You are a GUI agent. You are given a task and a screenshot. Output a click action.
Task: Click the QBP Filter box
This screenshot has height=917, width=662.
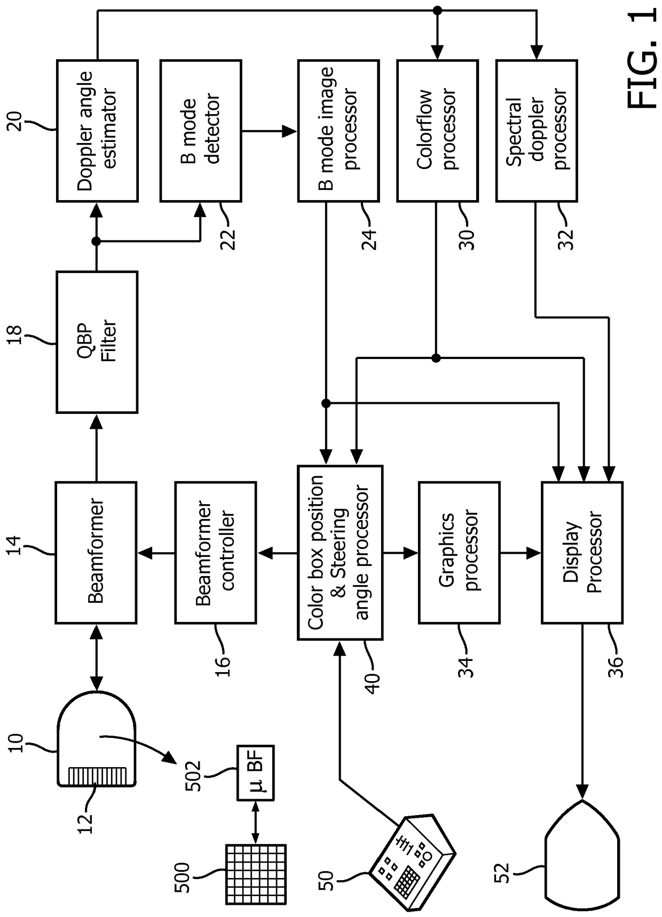pyautogui.click(x=97, y=342)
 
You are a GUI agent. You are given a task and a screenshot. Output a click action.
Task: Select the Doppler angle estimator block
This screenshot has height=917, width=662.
pyautogui.click(x=97, y=131)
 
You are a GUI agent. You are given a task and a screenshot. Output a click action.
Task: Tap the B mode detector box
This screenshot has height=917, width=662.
pyautogui.click(x=201, y=131)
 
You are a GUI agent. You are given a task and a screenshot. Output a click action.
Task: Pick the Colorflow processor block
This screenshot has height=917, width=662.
pyautogui.click(x=437, y=131)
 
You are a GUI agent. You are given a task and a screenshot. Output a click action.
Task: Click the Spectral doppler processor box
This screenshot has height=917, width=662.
pyautogui.click(x=537, y=131)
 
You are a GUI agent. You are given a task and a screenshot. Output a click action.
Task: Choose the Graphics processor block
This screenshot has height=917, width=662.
pyautogui.click(x=459, y=553)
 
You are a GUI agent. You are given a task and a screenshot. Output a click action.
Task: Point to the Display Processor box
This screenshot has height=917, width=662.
pyautogui.click(x=582, y=553)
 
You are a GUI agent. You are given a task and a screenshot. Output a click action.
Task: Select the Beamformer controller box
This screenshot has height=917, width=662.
pyautogui.click(x=216, y=553)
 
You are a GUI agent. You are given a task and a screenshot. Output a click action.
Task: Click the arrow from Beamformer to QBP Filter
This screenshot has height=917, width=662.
pyautogui.click(x=97, y=448)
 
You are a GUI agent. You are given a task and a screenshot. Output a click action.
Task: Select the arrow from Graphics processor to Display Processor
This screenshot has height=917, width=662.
pyautogui.click(x=521, y=553)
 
